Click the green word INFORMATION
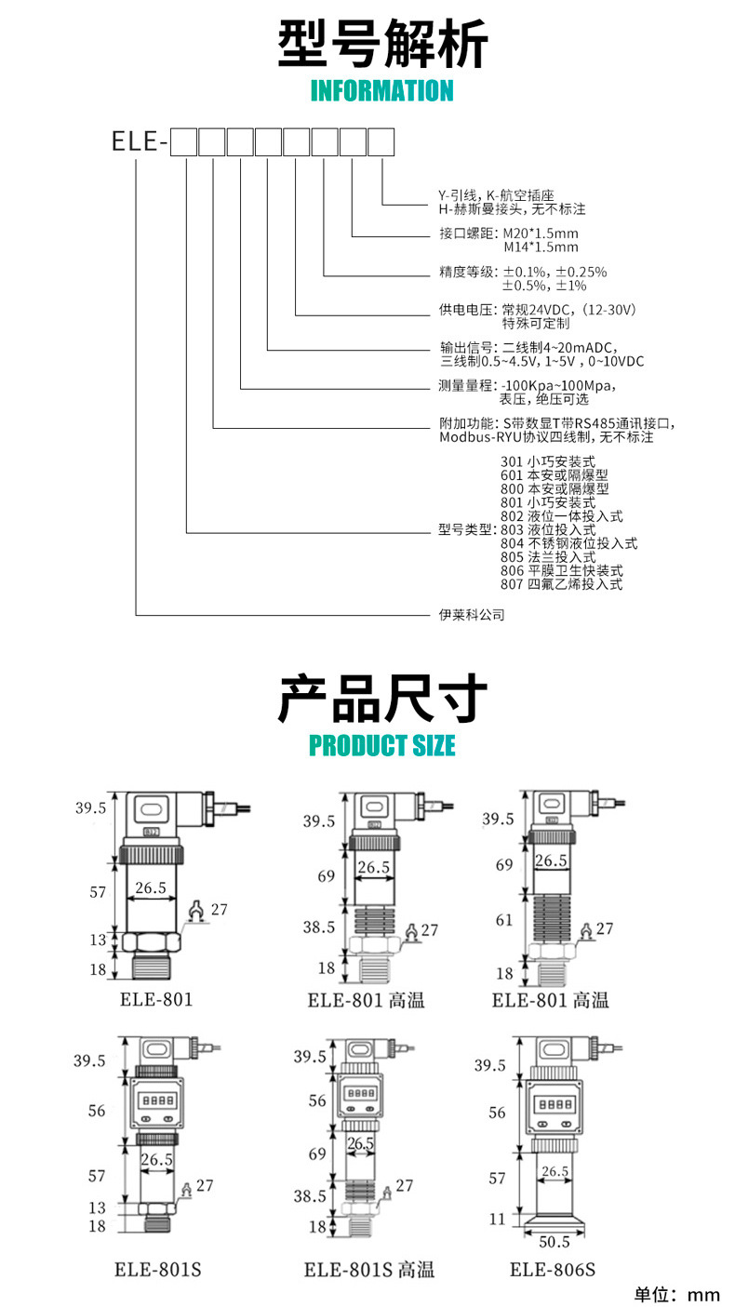[x=381, y=91]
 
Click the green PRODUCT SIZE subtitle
[x=382, y=746]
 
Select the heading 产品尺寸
[x=382, y=700]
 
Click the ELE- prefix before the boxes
[x=139, y=141]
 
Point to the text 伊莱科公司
[x=472, y=615]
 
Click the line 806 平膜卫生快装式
[x=561, y=570]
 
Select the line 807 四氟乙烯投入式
[x=561, y=584]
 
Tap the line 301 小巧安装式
[x=547, y=460]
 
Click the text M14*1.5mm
[x=541, y=247]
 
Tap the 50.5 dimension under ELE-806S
[x=554, y=1241]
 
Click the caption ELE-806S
[x=553, y=1270]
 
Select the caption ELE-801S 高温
[x=369, y=1270]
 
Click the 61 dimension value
[x=504, y=920]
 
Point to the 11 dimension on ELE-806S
[x=498, y=1220]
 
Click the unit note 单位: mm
[x=677, y=1294]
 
